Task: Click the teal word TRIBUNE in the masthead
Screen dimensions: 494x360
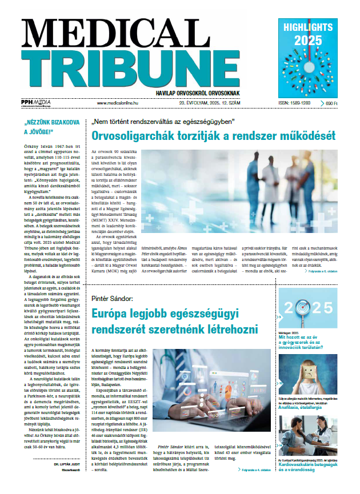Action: [x=139, y=67]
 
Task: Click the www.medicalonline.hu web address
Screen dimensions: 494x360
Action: [x=119, y=103]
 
